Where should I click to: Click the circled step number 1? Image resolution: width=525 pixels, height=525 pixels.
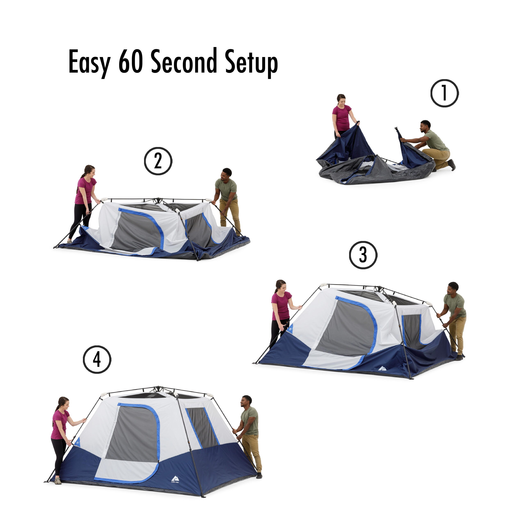tap(445, 93)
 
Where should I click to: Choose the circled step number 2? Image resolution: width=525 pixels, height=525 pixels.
tap(158, 161)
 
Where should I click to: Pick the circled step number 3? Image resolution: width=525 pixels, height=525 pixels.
tap(363, 255)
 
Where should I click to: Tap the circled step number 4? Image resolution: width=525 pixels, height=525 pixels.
tap(97, 360)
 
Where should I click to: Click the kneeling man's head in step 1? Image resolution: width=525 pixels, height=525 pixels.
tap(426, 126)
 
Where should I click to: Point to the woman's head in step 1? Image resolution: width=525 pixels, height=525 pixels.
tap(341, 99)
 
